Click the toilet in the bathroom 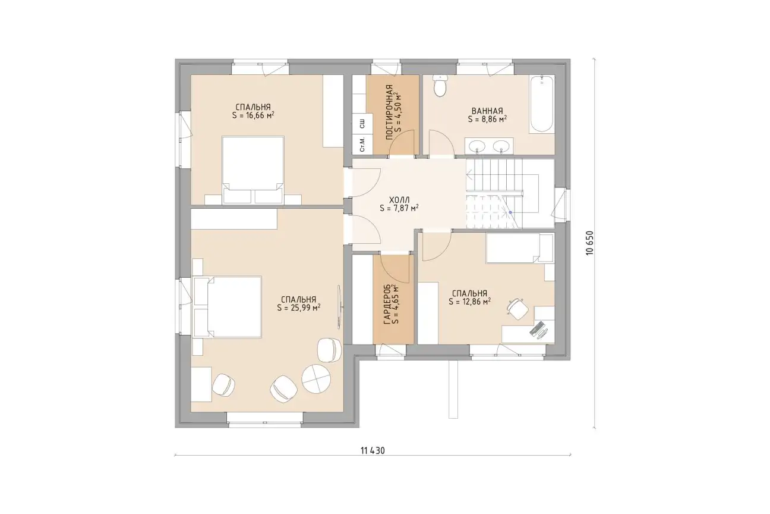point(440,86)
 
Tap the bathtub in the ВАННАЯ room point(542,104)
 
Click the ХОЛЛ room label point(399,200)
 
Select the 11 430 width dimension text point(373,450)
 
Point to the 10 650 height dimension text point(590,243)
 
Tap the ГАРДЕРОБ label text point(387,305)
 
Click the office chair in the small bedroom point(517,309)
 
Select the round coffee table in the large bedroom point(316,379)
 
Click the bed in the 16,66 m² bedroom point(253,170)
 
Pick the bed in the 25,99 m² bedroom point(228,306)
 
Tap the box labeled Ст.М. point(362,145)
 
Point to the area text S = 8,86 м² point(487,119)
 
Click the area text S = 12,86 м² point(469,302)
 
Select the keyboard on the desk point(537,328)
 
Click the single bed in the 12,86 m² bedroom point(520,248)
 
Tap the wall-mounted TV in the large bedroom point(339,305)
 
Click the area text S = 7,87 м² point(399,208)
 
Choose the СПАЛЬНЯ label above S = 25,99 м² point(298,299)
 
